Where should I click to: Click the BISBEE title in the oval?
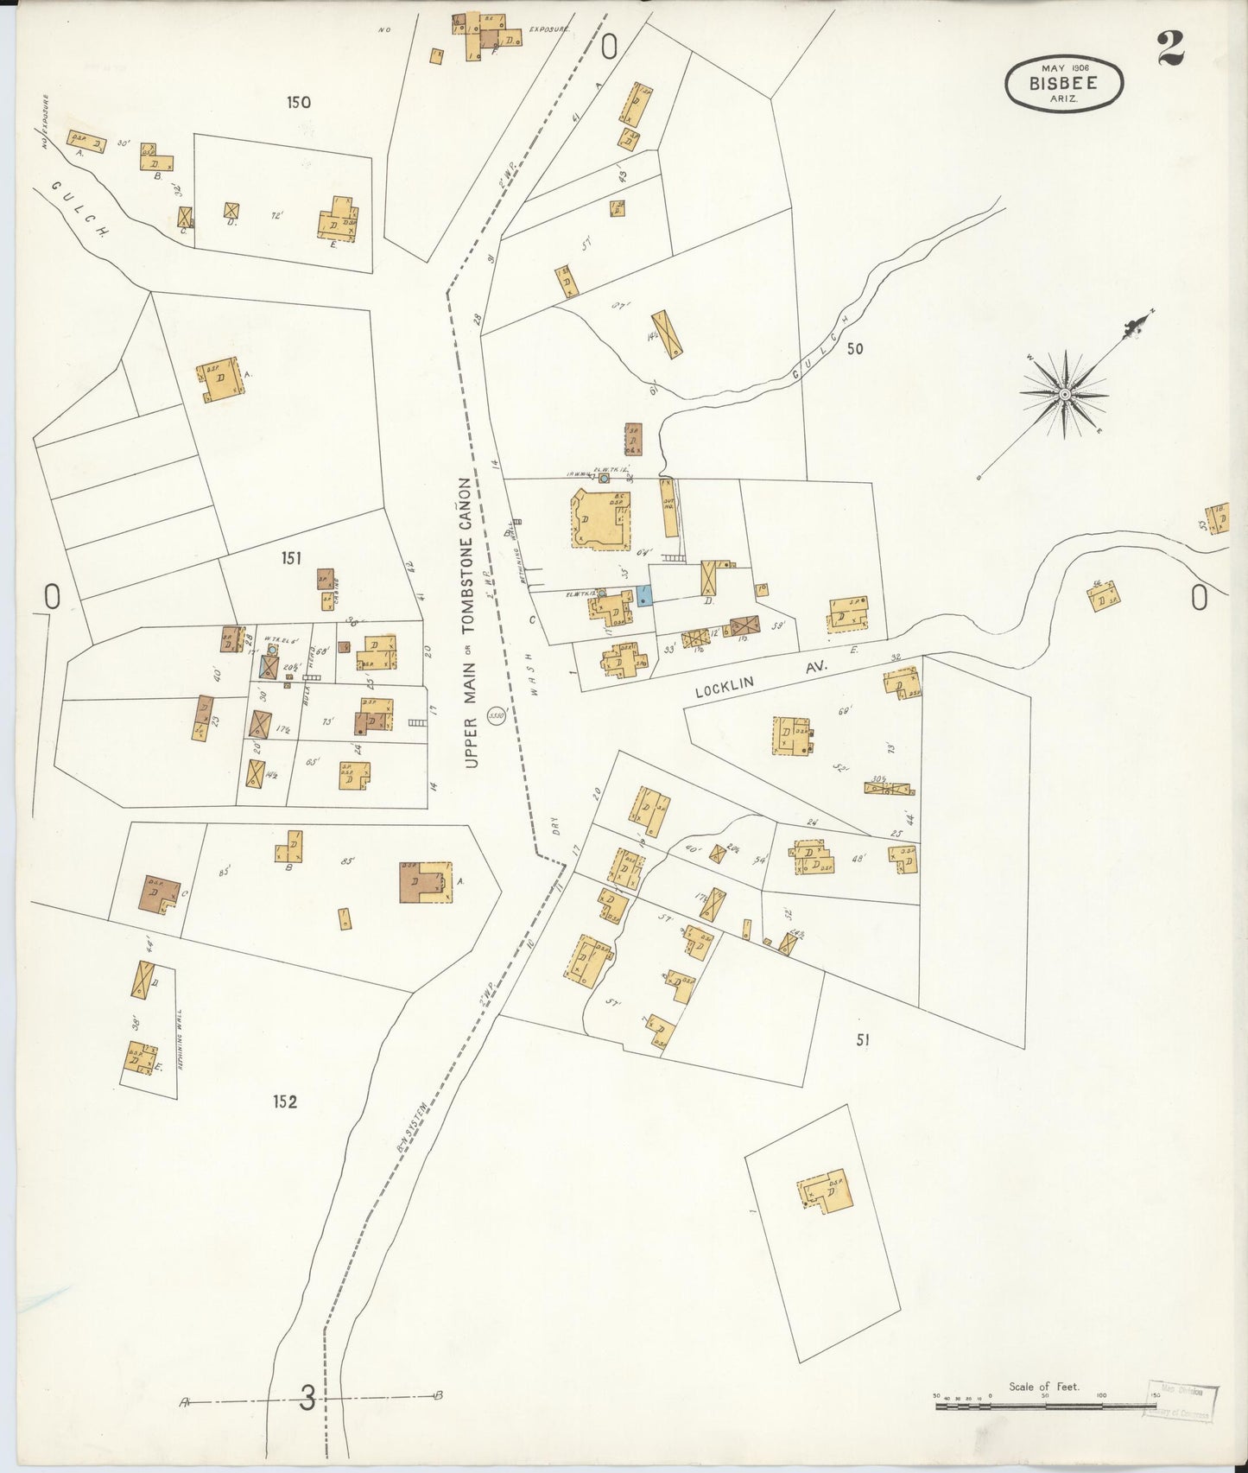click(1063, 84)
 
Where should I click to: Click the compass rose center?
click(1065, 394)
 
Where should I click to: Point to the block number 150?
click(298, 103)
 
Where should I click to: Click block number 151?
click(291, 558)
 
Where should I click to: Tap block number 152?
click(285, 1102)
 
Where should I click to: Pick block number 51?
click(862, 1040)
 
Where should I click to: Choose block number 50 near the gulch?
click(855, 349)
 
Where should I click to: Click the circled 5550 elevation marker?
click(497, 716)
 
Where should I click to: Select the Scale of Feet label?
click(1043, 1387)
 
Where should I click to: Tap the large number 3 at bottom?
click(307, 1398)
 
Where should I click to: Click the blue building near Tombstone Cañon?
click(644, 594)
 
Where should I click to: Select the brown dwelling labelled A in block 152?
click(423, 882)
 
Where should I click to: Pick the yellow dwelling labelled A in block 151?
click(219, 379)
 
